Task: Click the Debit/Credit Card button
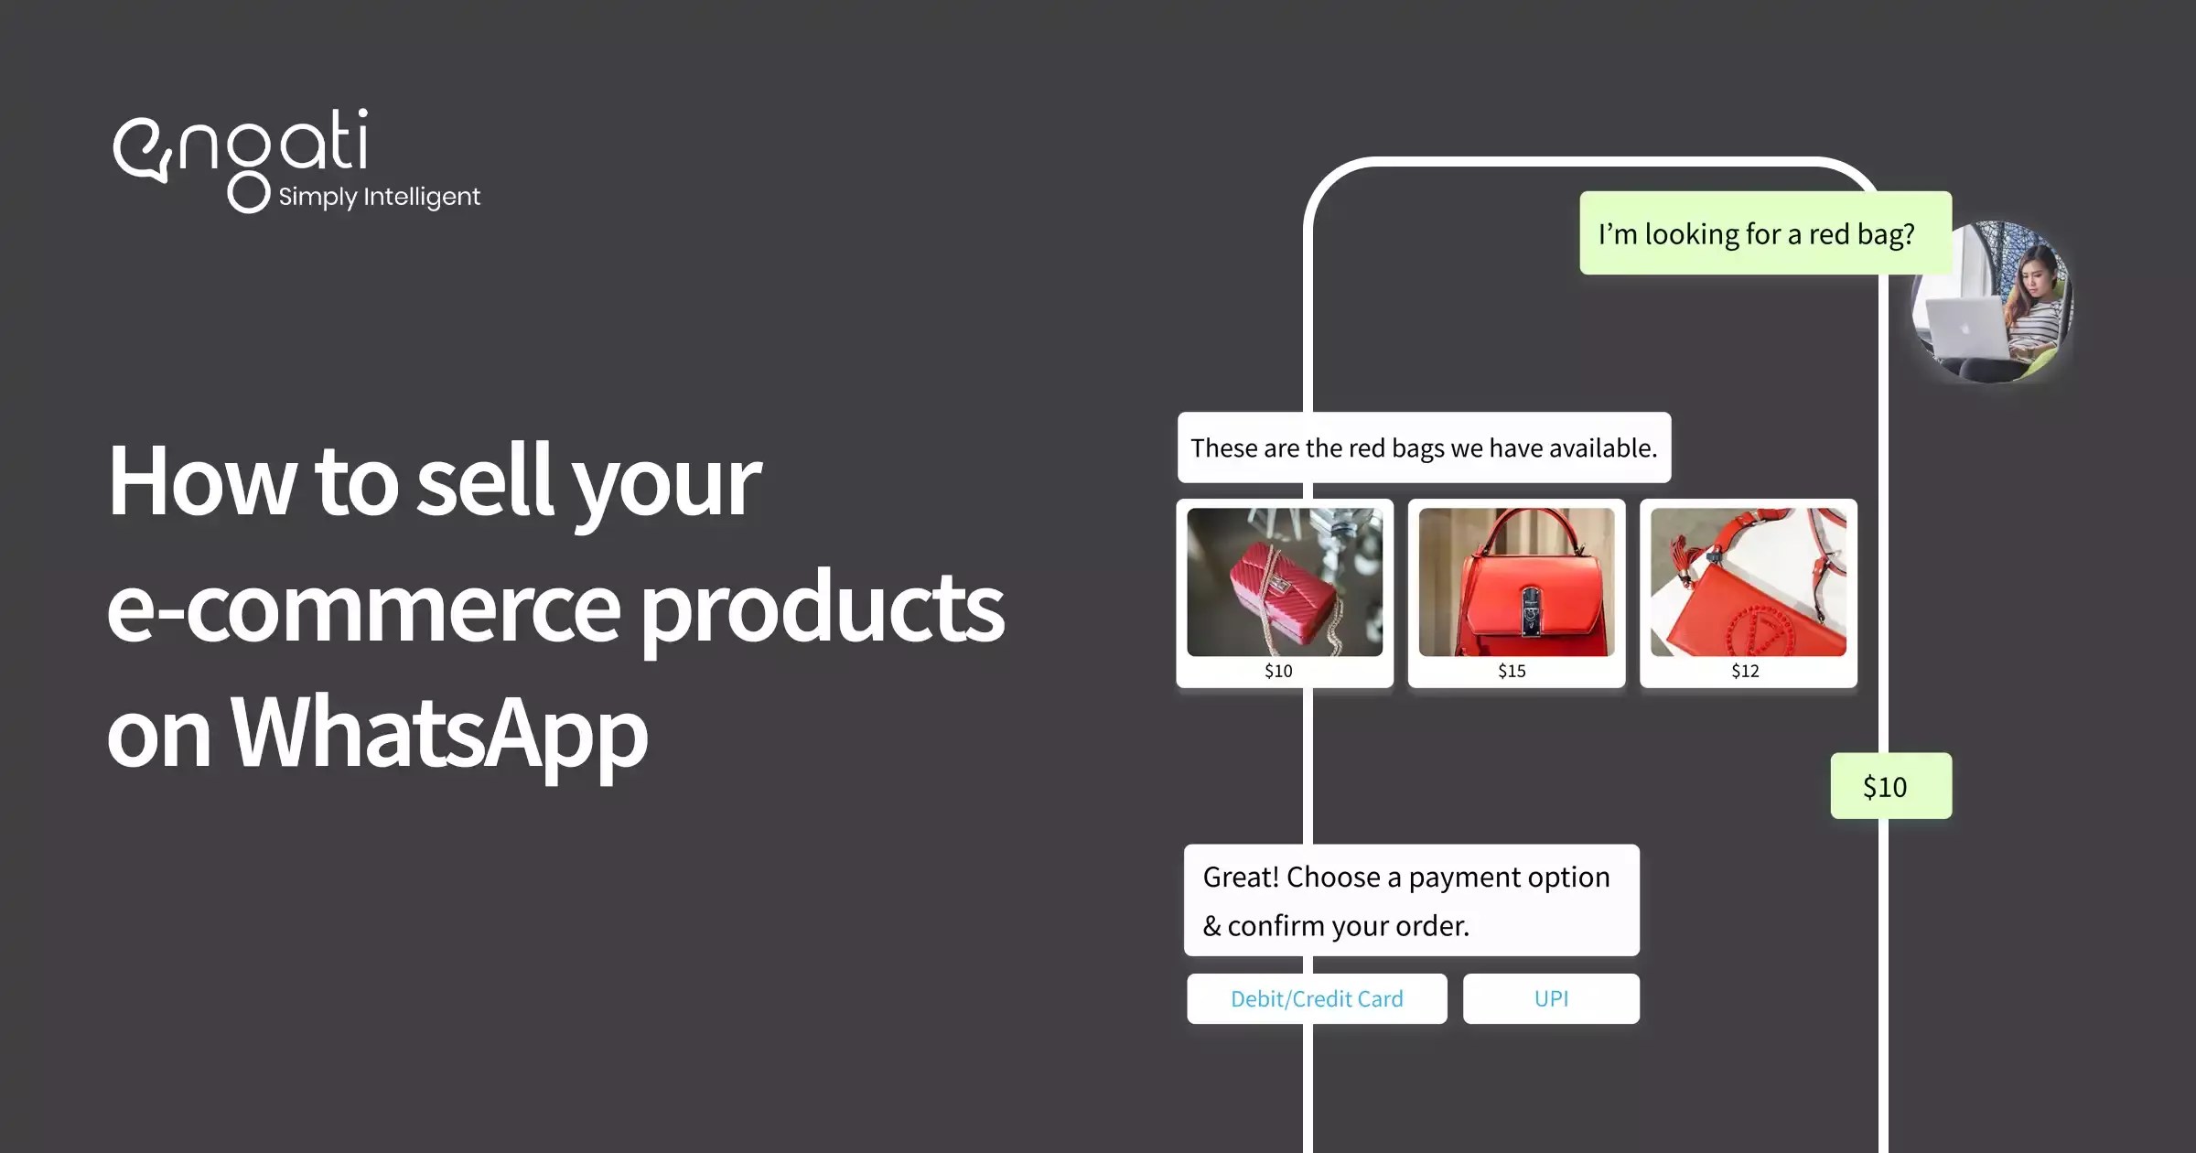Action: click(x=1317, y=998)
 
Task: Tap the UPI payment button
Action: click(x=1551, y=998)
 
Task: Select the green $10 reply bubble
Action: click(x=1890, y=786)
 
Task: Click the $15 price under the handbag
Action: click(x=1512, y=671)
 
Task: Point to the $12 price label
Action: click(x=1745, y=671)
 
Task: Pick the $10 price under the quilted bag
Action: click(x=1278, y=671)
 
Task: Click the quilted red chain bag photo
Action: click(x=1285, y=582)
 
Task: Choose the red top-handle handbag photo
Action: click(x=1516, y=582)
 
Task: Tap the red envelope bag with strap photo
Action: click(x=1748, y=582)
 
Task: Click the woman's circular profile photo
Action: click(x=1992, y=302)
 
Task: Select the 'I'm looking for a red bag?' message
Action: click(x=1757, y=234)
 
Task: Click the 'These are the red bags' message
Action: click(x=1424, y=447)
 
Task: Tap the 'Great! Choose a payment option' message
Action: click(x=1411, y=900)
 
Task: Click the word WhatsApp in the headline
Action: click(x=439, y=732)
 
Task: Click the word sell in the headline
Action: click(x=485, y=481)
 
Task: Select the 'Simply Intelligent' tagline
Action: click(x=379, y=197)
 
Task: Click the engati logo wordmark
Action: click(x=240, y=146)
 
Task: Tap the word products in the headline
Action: click(x=821, y=608)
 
